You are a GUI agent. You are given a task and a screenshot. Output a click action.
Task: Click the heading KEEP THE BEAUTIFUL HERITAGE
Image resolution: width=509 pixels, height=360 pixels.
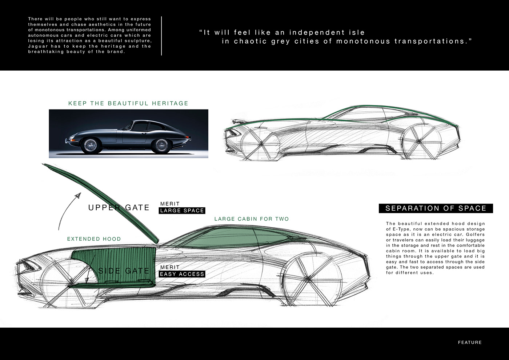coord(128,103)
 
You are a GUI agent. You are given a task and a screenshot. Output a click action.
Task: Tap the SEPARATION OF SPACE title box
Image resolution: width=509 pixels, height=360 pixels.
coord(436,208)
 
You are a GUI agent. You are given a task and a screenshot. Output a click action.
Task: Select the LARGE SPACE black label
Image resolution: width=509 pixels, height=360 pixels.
coord(182,211)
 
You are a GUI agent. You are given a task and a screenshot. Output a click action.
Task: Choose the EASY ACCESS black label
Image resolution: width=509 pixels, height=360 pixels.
coord(182,274)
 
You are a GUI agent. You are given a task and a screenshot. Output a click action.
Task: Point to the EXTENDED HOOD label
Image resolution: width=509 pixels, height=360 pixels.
coord(94,239)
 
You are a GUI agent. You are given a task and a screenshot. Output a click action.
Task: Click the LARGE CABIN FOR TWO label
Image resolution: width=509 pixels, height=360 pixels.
coord(252,219)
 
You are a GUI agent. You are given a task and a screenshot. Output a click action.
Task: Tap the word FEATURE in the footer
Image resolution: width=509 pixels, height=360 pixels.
coord(470,342)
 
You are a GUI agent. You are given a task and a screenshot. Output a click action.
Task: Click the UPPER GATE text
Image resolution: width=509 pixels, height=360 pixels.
coord(119,208)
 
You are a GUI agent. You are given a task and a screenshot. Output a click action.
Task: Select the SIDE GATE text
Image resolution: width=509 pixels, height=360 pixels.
coord(124,271)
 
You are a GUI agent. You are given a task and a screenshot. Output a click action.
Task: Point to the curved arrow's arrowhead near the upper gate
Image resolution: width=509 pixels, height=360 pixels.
coord(77,196)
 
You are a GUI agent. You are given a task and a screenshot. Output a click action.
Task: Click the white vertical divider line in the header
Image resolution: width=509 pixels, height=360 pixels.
coord(161,36)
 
